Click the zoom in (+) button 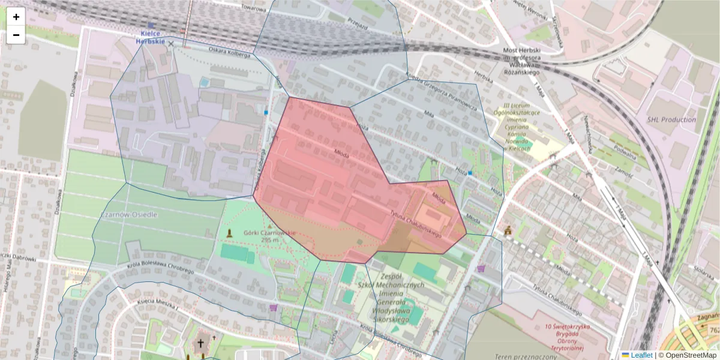coord(16,17)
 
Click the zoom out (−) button coord(16,35)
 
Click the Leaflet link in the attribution coord(641,355)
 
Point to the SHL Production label coord(671,119)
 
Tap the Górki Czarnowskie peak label coord(269,236)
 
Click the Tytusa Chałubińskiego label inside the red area coord(419,226)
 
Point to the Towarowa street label coord(253,8)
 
